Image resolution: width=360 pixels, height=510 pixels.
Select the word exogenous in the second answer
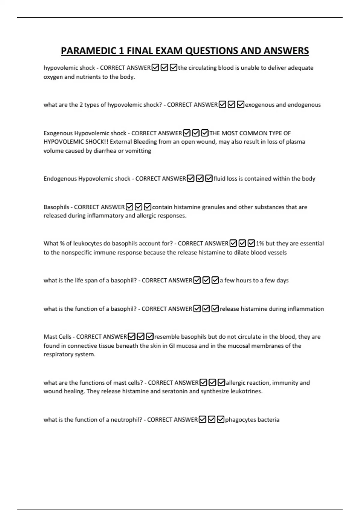coord(259,105)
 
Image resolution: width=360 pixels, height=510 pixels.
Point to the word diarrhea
coord(105,151)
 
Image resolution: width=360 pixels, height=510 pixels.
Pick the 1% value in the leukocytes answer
coord(260,243)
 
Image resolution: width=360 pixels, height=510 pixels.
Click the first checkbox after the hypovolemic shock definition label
coord(155,68)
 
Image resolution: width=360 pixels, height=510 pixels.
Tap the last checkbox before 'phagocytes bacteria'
coord(220,420)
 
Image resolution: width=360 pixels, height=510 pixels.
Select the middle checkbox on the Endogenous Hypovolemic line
coord(200,179)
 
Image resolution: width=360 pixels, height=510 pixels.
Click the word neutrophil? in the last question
coord(126,420)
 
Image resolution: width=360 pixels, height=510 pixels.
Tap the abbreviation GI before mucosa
coord(172,346)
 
